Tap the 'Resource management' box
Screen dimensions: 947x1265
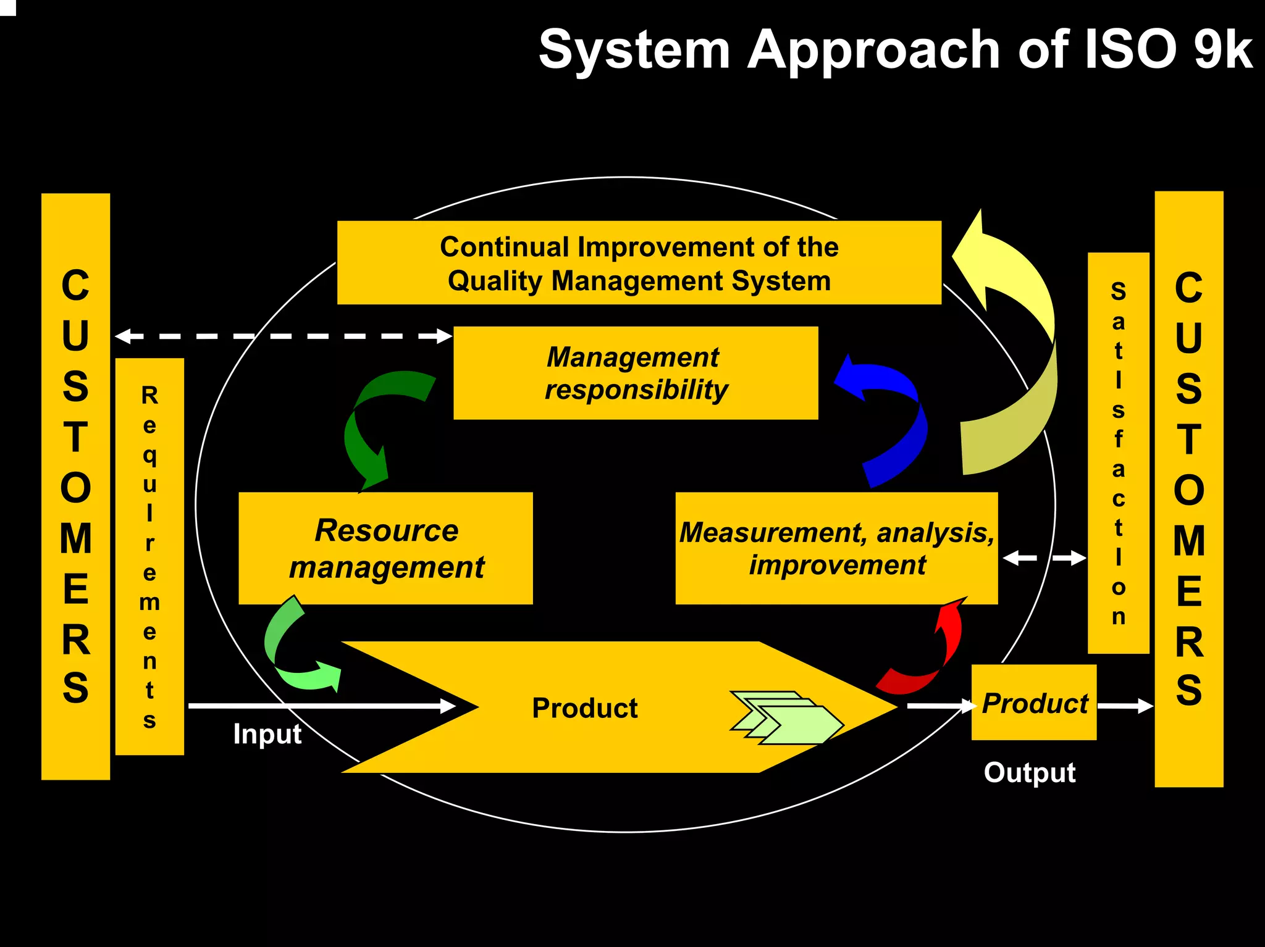point(385,548)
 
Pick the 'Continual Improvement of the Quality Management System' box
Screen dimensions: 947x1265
point(639,263)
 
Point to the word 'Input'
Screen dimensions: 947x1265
point(267,734)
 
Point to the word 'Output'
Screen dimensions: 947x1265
point(1029,773)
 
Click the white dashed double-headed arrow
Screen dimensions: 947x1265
point(284,336)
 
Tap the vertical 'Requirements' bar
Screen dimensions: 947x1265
point(149,556)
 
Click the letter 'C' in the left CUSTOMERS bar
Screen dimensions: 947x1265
point(75,286)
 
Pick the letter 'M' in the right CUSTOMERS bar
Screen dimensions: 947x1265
point(1188,541)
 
